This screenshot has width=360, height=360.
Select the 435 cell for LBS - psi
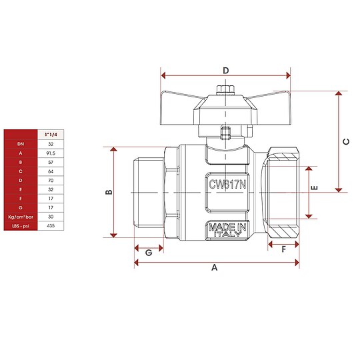tap(50, 226)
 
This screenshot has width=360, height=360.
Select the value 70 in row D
tap(50, 179)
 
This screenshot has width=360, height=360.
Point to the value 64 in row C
tap(50, 170)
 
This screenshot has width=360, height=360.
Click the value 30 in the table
tap(50, 217)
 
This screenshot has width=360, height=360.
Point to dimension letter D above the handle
tap(225, 70)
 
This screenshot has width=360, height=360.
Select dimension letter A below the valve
tap(215, 267)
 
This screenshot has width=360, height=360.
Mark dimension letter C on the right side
tap(345, 141)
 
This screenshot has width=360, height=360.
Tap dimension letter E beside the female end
tap(315, 187)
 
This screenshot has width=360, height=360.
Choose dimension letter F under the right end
tap(283, 250)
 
